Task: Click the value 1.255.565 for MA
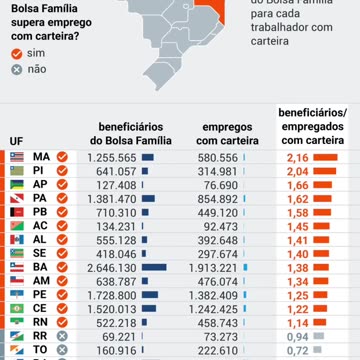click(x=111, y=158)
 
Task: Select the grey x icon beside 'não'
click(x=15, y=69)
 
